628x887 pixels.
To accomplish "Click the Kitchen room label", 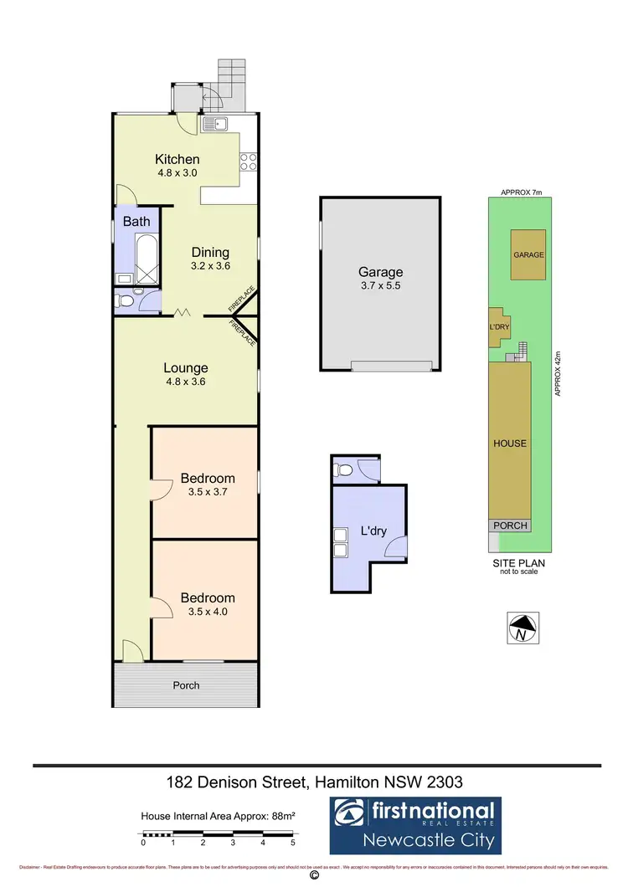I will pyautogui.click(x=178, y=159).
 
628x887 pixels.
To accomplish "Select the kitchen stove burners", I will pyautogui.click(x=249, y=162).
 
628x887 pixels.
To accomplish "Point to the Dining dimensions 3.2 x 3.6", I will pyautogui.click(x=210, y=266).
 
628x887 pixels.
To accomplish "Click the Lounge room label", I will pyautogui.click(x=186, y=367).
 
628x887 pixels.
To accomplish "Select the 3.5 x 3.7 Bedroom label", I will pyautogui.click(x=208, y=479).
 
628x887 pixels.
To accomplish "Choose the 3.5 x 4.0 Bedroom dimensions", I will pyautogui.click(x=208, y=612).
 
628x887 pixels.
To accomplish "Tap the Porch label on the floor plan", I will pyautogui.click(x=186, y=685).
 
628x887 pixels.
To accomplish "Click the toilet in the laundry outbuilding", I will pyautogui.click(x=341, y=471).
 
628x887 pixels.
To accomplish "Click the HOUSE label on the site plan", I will pyautogui.click(x=510, y=443).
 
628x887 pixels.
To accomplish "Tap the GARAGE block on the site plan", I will pyautogui.click(x=528, y=255).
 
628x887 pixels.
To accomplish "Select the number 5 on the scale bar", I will pyautogui.click(x=293, y=843).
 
